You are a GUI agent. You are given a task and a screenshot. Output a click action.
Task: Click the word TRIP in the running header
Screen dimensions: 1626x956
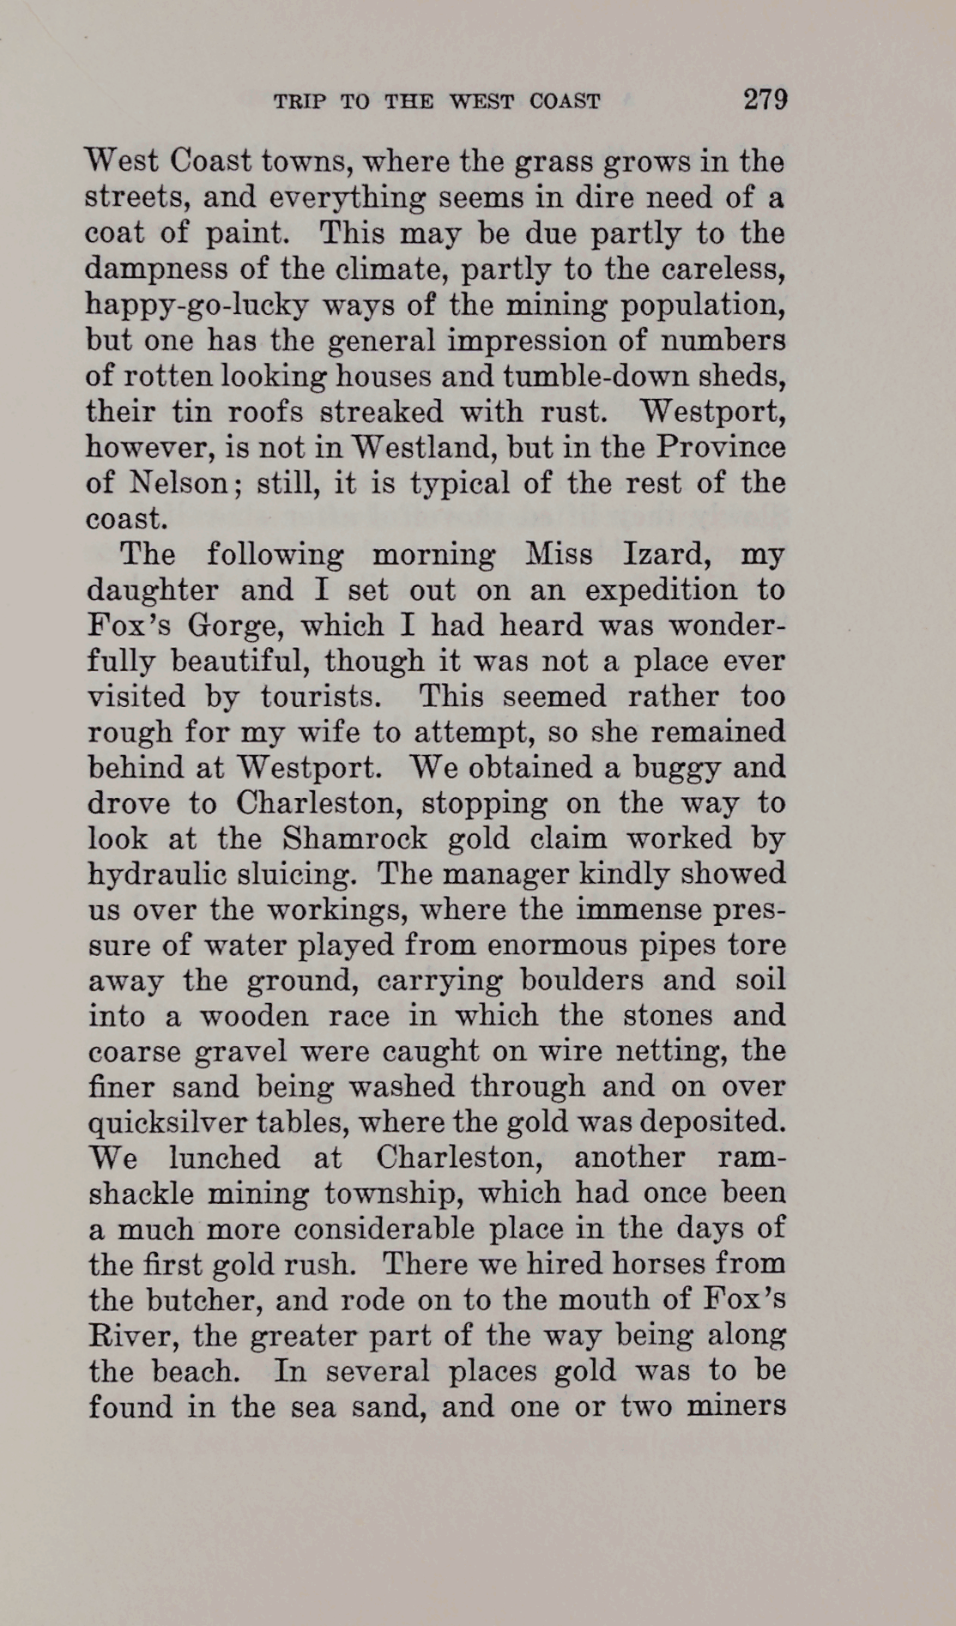tap(300, 102)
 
